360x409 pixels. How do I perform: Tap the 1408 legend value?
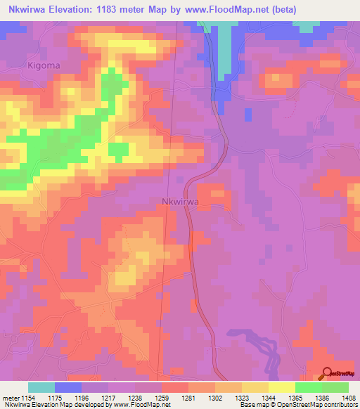pyautogui.click(x=349, y=398)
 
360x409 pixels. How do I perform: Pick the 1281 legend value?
pyautogui.click(x=188, y=398)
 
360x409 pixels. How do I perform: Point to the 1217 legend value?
pyautogui.click(x=108, y=398)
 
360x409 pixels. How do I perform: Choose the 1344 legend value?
pyautogui.click(x=269, y=398)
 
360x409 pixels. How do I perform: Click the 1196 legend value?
pyautogui.click(x=82, y=398)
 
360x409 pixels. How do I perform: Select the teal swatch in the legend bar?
pyautogui.click(x=41, y=387)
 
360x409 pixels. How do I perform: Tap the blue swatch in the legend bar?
pyautogui.click(x=68, y=387)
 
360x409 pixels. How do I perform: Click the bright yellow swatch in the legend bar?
pyautogui.click(x=282, y=387)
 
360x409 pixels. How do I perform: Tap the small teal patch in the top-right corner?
pyautogui.click(x=305, y=27)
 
